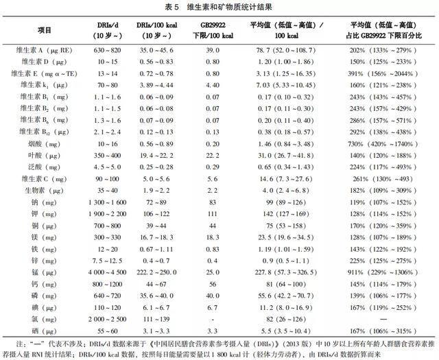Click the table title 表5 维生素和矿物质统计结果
tap(219, 8)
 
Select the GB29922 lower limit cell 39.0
tap(213, 49)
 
